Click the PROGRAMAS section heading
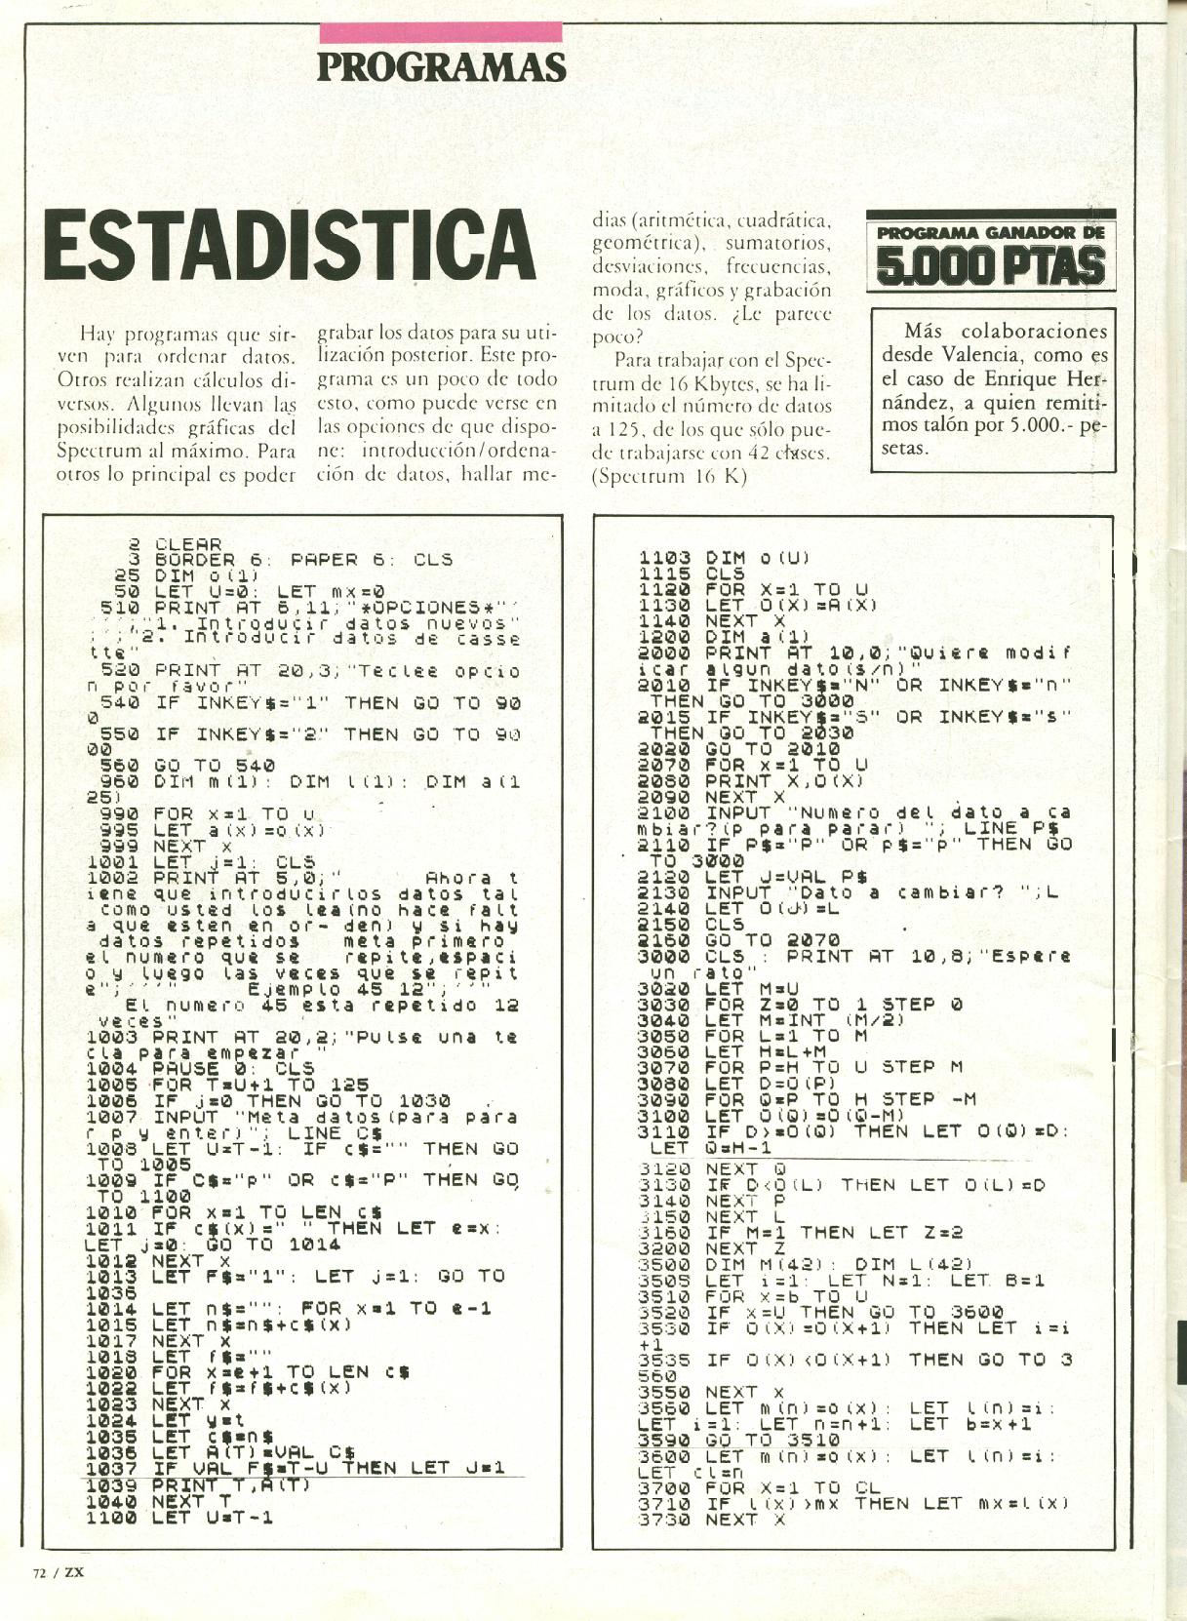[x=441, y=67]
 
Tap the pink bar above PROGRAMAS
[x=441, y=31]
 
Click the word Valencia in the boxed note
[x=984, y=355]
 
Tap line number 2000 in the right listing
[x=667, y=652]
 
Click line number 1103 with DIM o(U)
[x=666, y=558]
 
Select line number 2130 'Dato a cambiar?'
[x=666, y=891]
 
